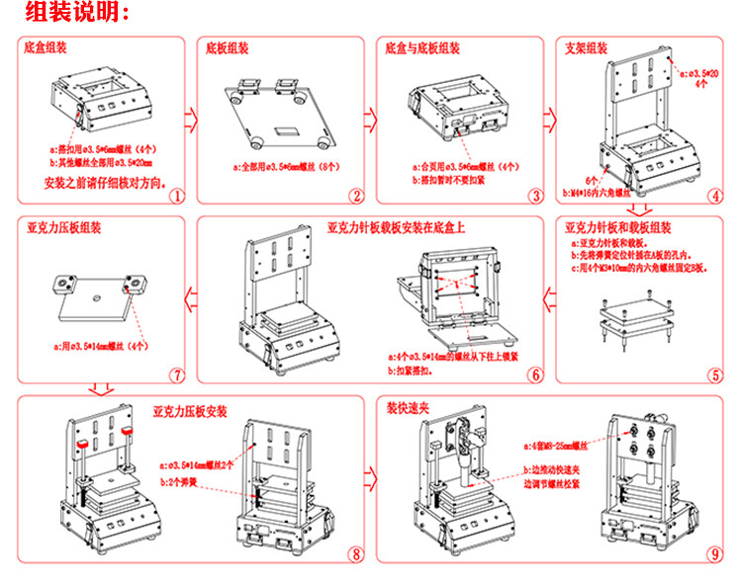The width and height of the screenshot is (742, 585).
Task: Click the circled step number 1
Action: (175, 196)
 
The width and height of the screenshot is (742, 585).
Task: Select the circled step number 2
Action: (356, 196)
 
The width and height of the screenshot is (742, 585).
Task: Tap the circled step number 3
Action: (535, 196)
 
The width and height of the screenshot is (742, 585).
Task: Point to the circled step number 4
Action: (714, 195)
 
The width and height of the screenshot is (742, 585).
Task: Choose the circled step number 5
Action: (714, 375)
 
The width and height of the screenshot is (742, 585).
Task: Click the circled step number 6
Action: (535, 375)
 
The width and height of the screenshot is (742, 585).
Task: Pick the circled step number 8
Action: (356, 554)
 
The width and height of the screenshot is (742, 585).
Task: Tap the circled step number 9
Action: (714, 554)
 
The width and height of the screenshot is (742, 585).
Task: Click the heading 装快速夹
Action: (408, 406)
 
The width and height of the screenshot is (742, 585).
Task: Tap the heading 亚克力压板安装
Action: (190, 409)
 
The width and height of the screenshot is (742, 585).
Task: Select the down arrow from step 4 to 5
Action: (639, 209)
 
